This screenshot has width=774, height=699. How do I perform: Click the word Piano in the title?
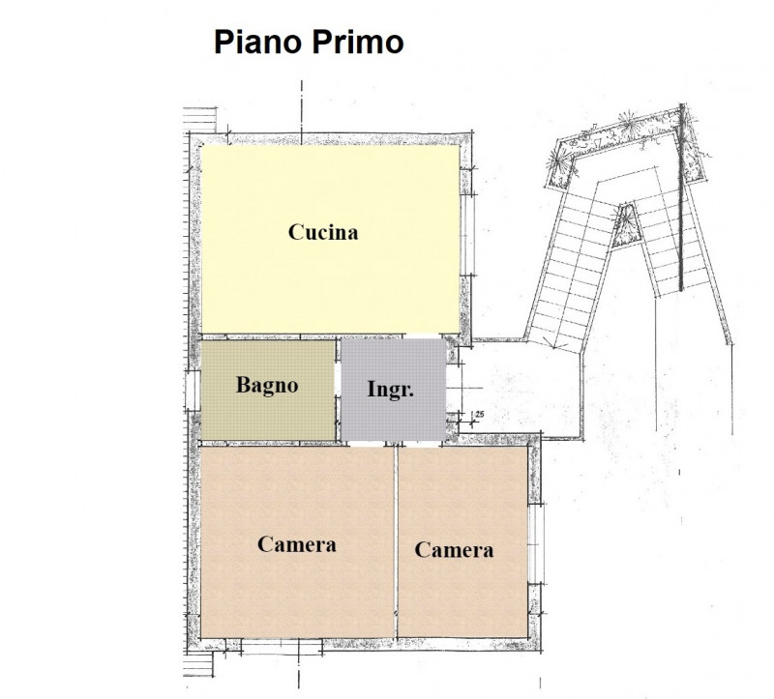coord(254,44)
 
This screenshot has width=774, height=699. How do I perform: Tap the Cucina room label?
coord(323,232)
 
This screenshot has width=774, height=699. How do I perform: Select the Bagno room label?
coord(267,385)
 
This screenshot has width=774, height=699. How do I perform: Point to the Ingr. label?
coord(391,390)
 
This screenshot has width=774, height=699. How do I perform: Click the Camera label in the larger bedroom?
coord(297,544)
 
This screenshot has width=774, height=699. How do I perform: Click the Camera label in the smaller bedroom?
coord(454,550)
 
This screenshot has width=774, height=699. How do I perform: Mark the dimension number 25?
coord(477,416)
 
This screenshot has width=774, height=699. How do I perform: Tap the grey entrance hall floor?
coord(392,416)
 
